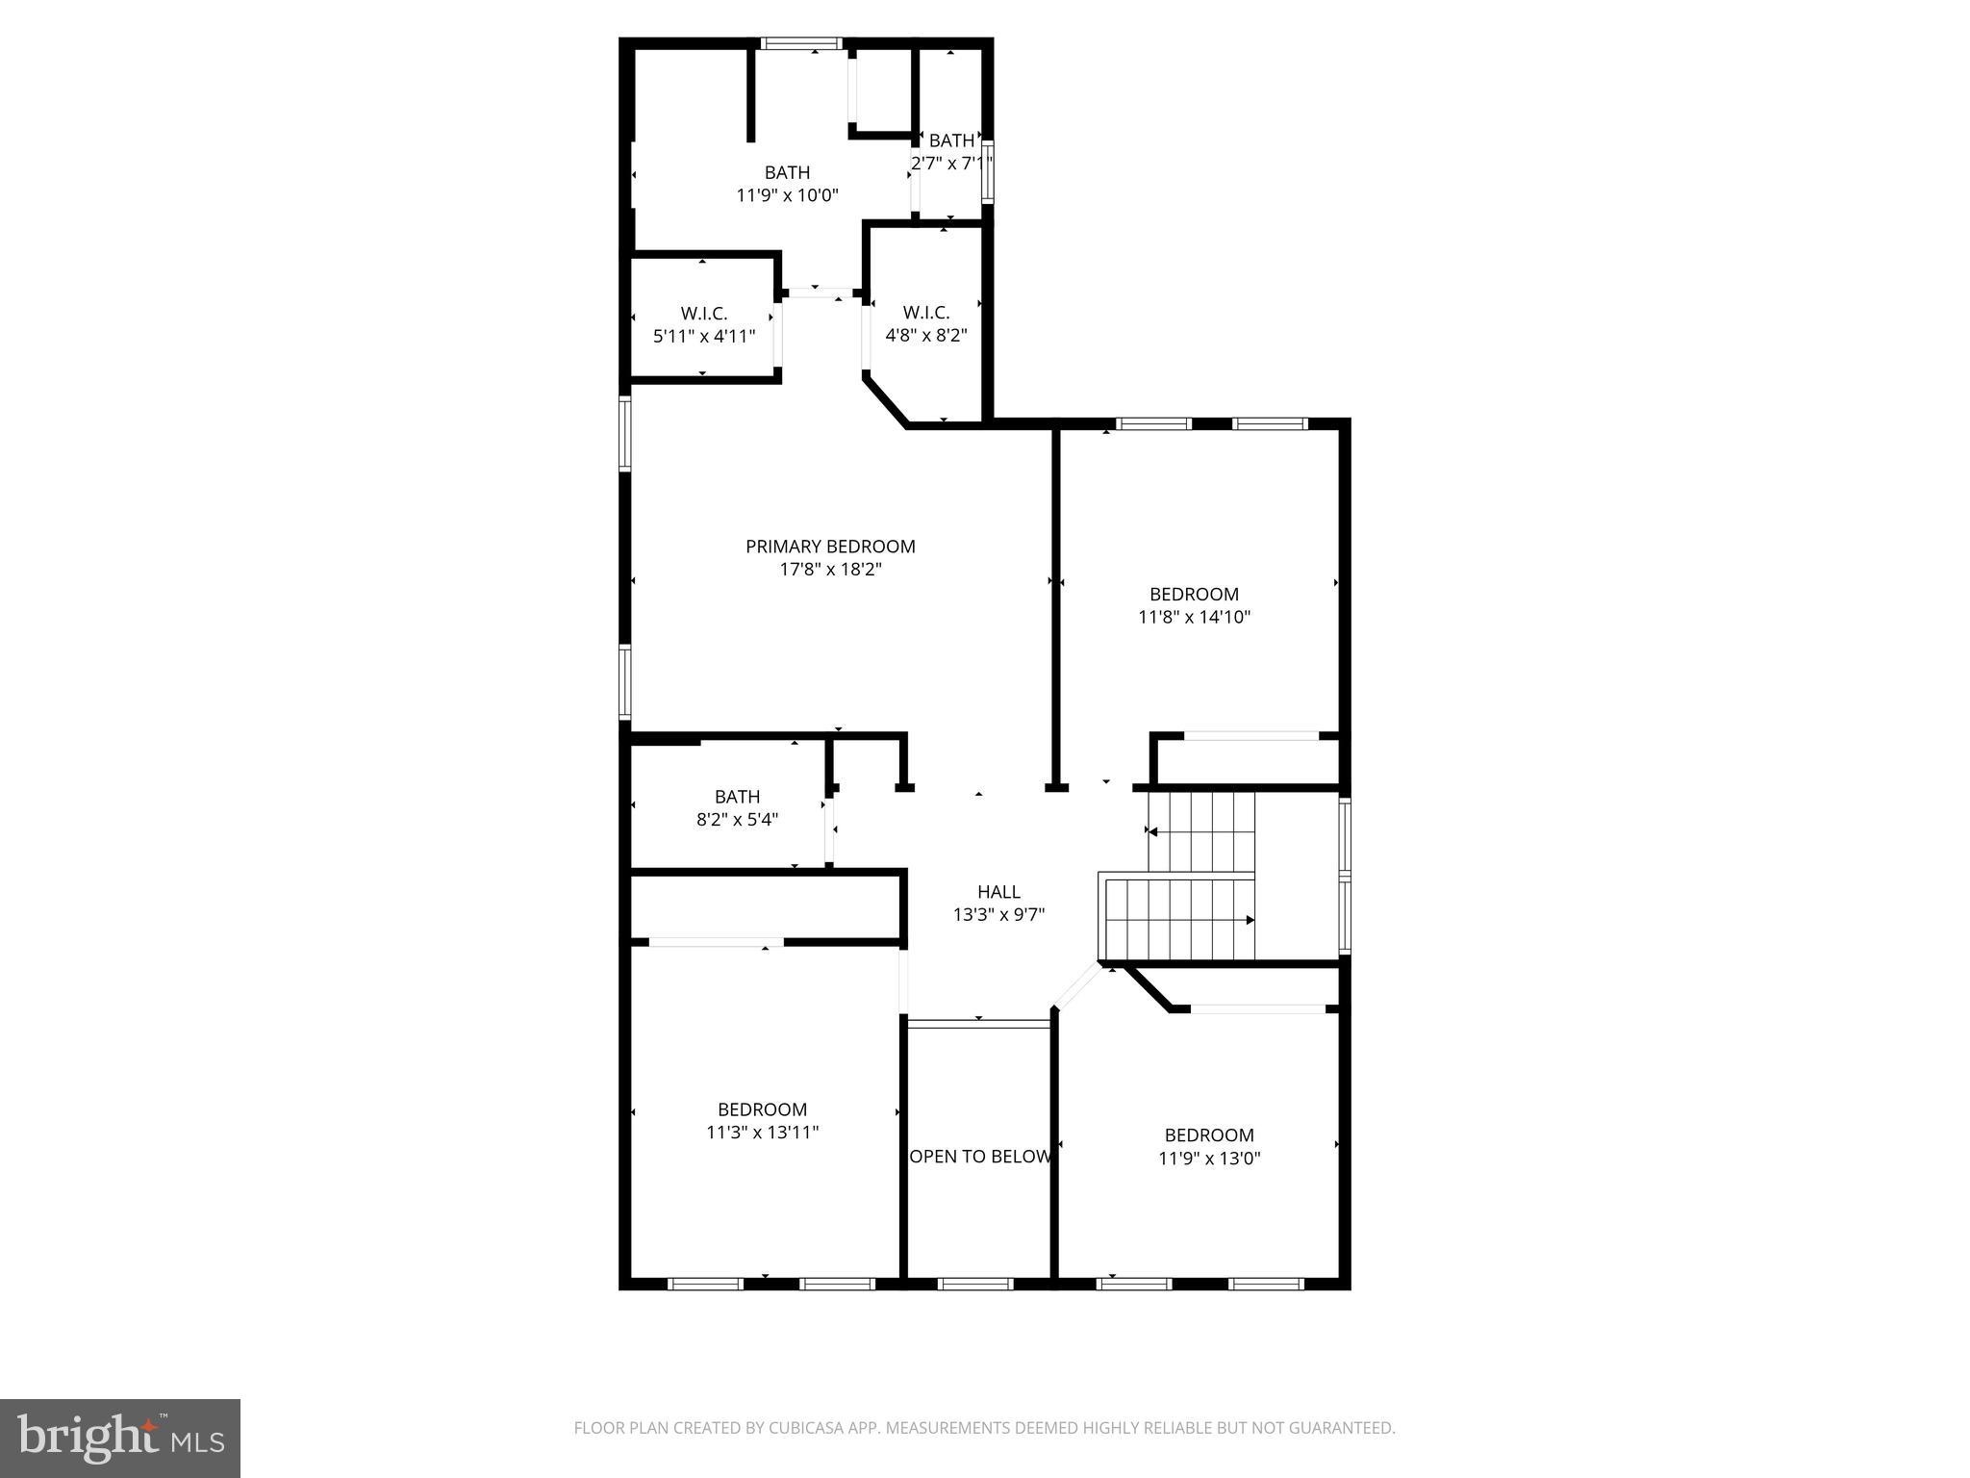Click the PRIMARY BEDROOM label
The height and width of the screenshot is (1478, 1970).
click(x=830, y=547)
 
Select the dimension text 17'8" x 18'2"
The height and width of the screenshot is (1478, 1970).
click(x=830, y=570)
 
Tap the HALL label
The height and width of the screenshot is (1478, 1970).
click(x=998, y=892)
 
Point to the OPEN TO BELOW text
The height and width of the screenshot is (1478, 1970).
click(x=979, y=1157)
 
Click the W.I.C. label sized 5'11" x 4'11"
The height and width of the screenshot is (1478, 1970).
click(x=704, y=314)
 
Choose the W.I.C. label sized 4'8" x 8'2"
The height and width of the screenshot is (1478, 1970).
click(x=926, y=313)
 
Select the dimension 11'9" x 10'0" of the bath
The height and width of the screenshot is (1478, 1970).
click(x=787, y=195)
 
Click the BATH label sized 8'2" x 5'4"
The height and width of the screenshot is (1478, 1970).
click(x=737, y=797)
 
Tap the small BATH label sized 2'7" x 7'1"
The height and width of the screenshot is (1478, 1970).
click(x=951, y=140)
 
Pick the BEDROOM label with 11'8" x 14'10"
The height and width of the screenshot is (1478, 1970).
click(x=1194, y=595)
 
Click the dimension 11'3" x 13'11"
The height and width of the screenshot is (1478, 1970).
click(x=762, y=1133)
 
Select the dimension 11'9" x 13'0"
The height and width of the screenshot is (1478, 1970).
click(x=1209, y=1159)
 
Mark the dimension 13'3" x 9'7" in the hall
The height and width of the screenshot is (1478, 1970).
click(x=998, y=915)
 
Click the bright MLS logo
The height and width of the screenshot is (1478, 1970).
click(x=120, y=1438)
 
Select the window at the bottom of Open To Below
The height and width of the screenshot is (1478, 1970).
click(x=975, y=1284)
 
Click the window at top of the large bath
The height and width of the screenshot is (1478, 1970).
click(x=801, y=43)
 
